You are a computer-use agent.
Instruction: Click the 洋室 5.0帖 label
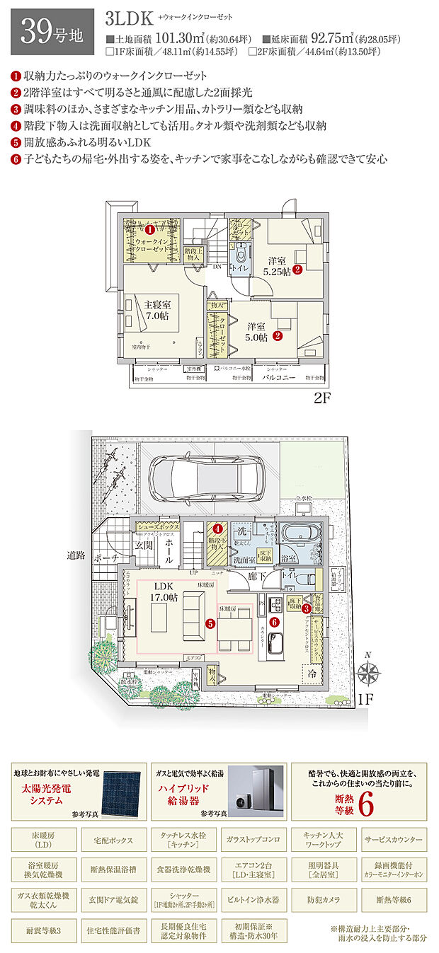[x=256, y=332]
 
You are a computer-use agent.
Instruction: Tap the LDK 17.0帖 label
[x=164, y=592]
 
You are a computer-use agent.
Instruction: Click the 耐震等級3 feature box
[x=43, y=928]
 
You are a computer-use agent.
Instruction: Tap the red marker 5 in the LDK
[x=210, y=623]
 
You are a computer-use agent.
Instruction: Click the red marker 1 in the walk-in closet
[x=149, y=229]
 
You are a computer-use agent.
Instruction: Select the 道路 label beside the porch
[x=76, y=555]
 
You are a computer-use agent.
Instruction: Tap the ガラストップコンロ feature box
[x=253, y=839]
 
